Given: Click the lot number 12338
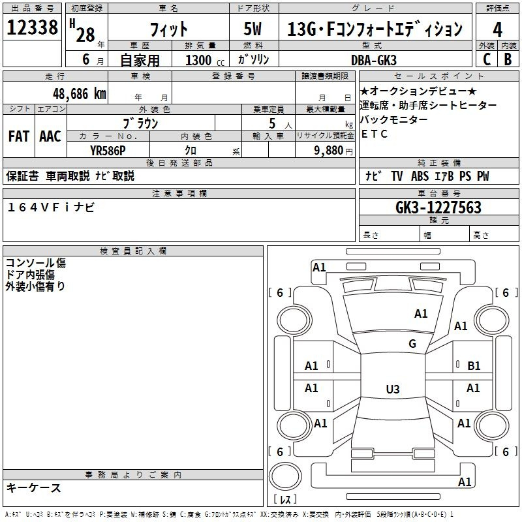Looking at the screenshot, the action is pyautogui.click(x=32, y=27).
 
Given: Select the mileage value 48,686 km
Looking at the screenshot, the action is pyautogui.click(x=79, y=93).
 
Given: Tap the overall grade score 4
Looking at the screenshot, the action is pyautogui.click(x=497, y=29).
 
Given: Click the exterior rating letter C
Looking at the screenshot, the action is pyautogui.click(x=487, y=59).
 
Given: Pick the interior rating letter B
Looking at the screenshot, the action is pyautogui.click(x=508, y=59).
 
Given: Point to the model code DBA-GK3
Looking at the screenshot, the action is pyautogui.click(x=373, y=60).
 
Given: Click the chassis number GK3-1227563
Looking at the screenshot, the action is pyautogui.click(x=438, y=207).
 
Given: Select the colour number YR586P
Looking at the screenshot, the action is pyautogui.click(x=108, y=151).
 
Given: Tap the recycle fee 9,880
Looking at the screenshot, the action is pyautogui.click(x=329, y=150).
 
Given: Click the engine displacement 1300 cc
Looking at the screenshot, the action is pyautogui.click(x=205, y=60).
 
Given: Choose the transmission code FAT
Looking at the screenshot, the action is pyautogui.click(x=19, y=136).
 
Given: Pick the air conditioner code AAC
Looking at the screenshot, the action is pyautogui.click(x=50, y=136).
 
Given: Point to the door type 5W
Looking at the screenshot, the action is pyautogui.click(x=253, y=29).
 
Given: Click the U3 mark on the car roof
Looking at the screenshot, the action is pyautogui.click(x=393, y=389).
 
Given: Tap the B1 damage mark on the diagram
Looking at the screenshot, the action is pyautogui.click(x=474, y=366).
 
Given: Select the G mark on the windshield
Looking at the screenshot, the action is pyautogui.click(x=412, y=343).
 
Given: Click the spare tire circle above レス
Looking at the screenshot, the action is pyautogui.click(x=285, y=476).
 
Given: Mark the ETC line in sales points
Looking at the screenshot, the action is pyautogui.click(x=374, y=134).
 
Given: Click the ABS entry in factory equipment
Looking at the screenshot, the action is pyautogui.click(x=420, y=176).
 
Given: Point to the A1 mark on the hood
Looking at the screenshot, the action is pyautogui.click(x=421, y=313).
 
